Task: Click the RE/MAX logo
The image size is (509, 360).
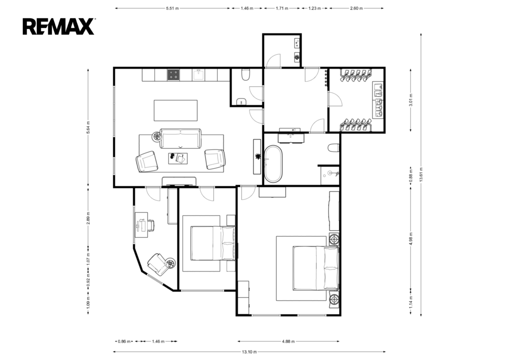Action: point(59,27)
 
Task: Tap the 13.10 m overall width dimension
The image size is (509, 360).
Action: point(250,352)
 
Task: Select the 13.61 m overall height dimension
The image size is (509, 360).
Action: point(421,175)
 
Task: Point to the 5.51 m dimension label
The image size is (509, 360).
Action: point(172,8)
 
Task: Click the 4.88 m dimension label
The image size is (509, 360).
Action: point(288,341)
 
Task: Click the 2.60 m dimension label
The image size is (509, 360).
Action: point(356,8)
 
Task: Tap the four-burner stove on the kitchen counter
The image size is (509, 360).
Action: point(173,75)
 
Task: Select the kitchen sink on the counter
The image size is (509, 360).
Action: point(198,75)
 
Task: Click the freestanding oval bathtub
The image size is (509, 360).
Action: point(273,164)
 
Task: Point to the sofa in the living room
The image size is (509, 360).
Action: point(180,139)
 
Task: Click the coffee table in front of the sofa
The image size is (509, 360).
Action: point(178,159)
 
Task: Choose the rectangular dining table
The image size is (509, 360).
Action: point(175,110)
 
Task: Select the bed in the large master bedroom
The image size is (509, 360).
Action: point(316,268)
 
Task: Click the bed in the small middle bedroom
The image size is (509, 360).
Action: point(213,243)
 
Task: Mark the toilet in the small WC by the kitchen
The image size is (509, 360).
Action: point(246,75)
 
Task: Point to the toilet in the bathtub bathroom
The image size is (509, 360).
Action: point(334,148)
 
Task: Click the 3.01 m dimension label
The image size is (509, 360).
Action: point(411,100)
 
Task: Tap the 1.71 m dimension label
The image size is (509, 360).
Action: point(282,8)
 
